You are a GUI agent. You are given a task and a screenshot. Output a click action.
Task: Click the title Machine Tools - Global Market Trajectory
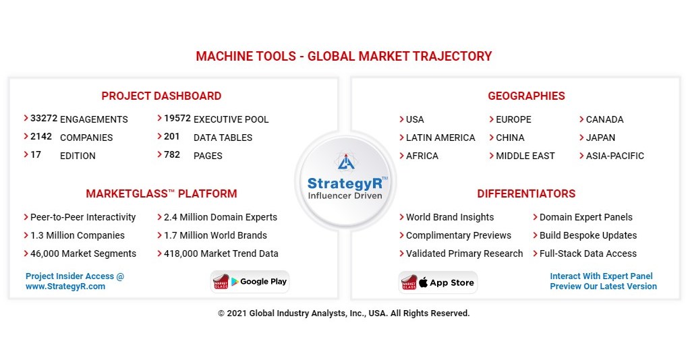tap(343, 57)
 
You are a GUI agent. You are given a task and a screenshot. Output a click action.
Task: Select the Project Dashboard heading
tap(161, 96)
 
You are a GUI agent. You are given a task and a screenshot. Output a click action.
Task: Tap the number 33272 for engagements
tap(44, 119)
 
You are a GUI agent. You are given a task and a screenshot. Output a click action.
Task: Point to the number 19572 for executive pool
tap(177, 119)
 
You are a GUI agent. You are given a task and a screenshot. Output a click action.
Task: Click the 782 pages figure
tap(172, 155)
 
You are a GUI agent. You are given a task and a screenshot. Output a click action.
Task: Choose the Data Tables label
tap(223, 138)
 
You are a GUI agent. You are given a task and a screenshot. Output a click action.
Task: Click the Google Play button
tap(251, 282)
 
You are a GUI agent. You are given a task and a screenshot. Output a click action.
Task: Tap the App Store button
tap(438, 282)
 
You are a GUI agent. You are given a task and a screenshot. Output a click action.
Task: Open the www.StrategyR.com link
tap(65, 287)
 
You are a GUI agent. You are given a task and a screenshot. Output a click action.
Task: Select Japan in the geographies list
tap(600, 138)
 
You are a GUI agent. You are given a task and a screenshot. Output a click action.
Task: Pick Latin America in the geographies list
tap(440, 138)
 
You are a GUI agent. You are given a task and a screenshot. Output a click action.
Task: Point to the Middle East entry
tap(525, 156)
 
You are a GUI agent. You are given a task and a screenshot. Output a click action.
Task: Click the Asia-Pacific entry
tap(614, 156)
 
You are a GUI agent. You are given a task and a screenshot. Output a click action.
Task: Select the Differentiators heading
tap(526, 193)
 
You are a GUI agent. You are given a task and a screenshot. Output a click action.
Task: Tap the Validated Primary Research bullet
tap(464, 253)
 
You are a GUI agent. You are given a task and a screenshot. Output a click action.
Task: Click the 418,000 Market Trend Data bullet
tap(221, 253)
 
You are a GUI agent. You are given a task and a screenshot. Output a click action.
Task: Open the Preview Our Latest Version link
tap(603, 287)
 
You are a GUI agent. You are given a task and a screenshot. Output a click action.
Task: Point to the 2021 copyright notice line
tap(343, 313)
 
